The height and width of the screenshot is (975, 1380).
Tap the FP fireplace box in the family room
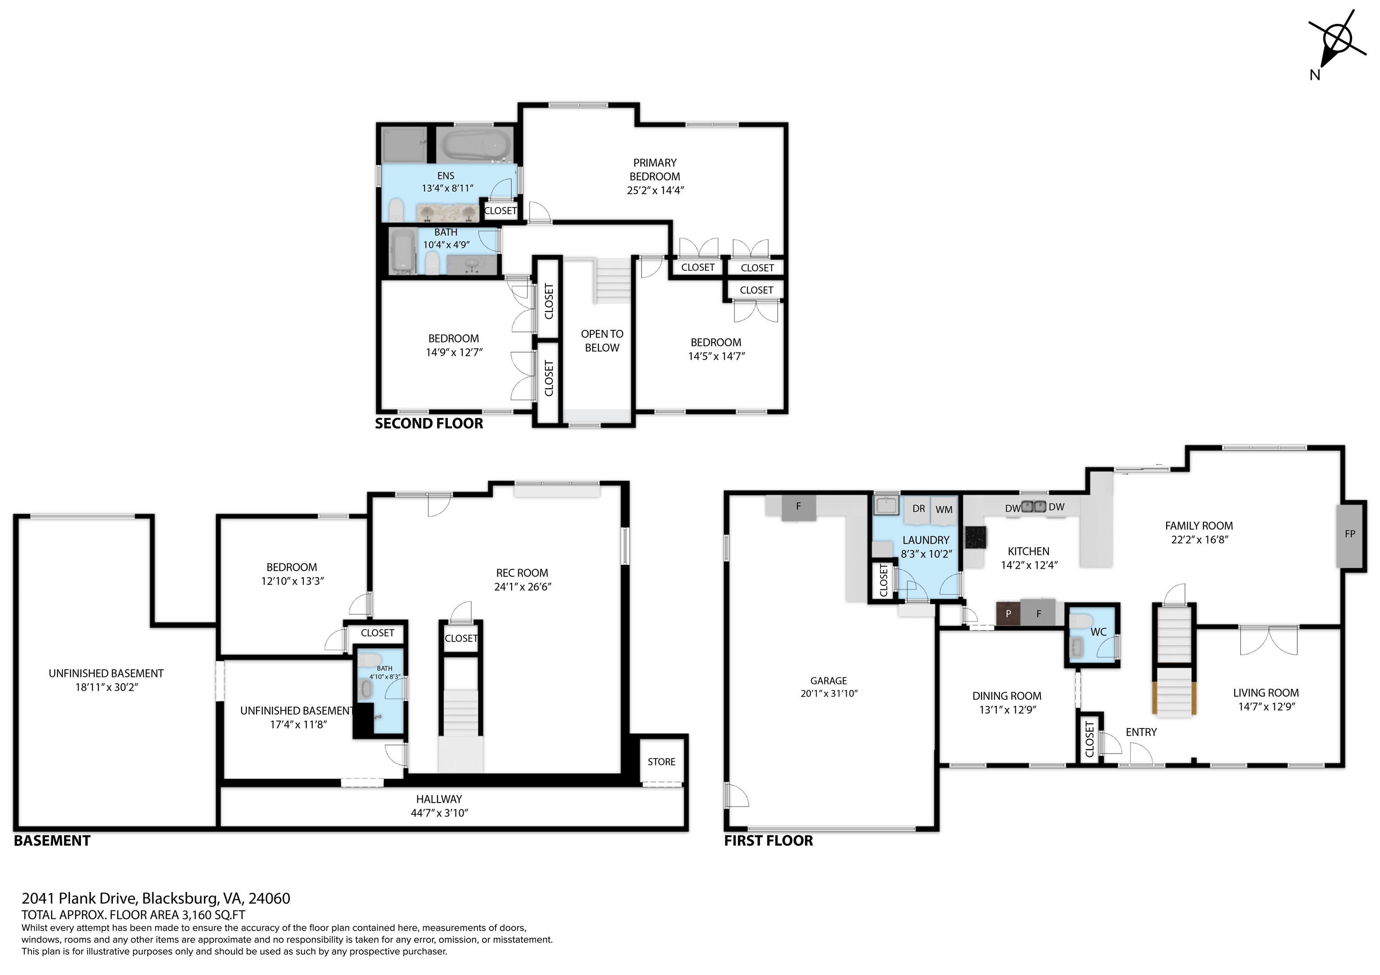tap(1349, 534)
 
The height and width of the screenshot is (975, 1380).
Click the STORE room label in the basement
tap(661, 762)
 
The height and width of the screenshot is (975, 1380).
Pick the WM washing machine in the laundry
tap(944, 509)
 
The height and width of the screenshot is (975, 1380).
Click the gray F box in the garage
tap(798, 506)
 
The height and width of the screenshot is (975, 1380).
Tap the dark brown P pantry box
tap(1008, 614)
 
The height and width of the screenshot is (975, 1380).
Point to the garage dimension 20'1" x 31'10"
tap(828, 693)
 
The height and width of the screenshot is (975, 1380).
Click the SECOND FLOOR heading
tap(429, 423)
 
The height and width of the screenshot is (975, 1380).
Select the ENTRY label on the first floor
tap(1141, 732)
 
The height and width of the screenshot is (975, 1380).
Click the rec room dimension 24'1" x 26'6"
tap(522, 587)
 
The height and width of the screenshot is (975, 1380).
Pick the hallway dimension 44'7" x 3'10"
tap(439, 813)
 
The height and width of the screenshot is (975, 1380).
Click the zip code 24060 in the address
tap(269, 899)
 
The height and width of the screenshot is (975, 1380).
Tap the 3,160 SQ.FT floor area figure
tap(213, 915)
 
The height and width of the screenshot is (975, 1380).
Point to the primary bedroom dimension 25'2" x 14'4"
tap(655, 190)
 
